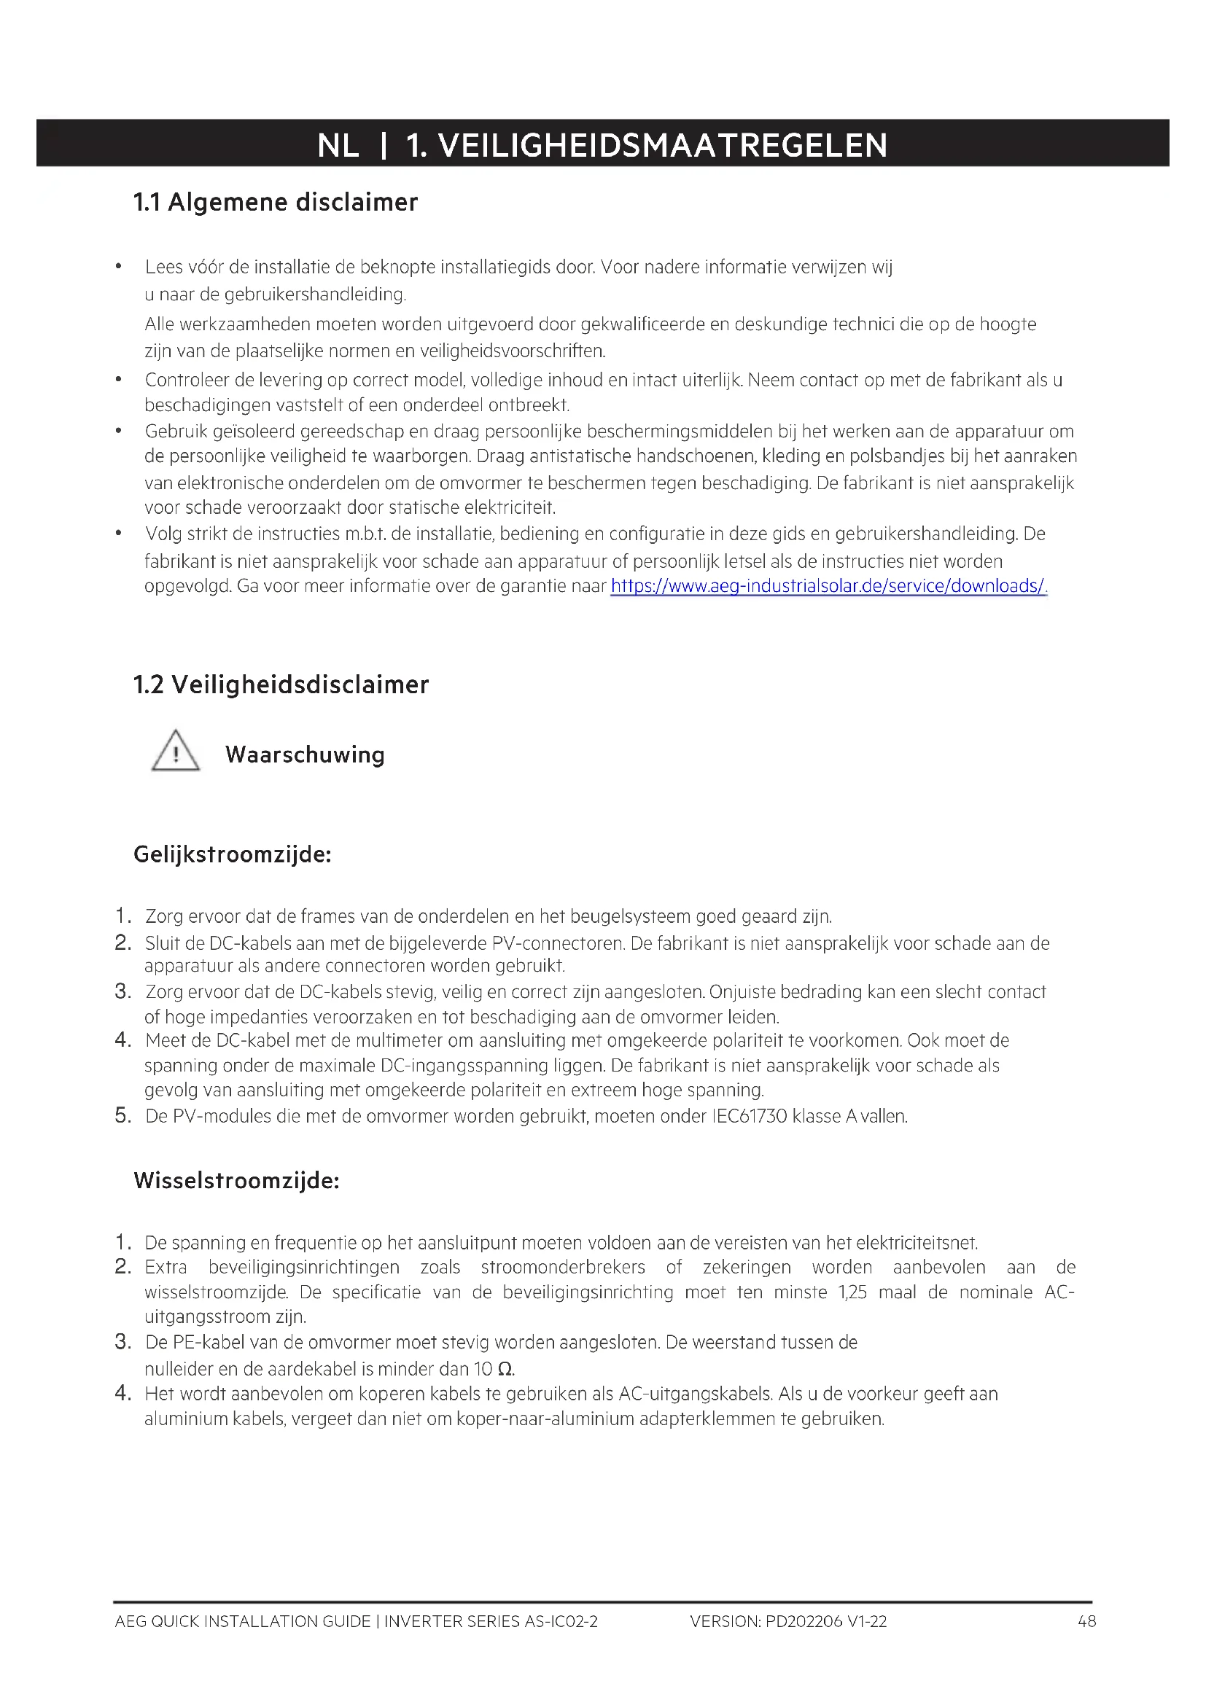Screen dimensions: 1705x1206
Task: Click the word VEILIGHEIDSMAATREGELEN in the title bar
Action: point(662,145)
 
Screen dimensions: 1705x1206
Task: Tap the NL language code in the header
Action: point(338,145)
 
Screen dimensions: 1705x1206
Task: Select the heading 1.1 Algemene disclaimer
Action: point(275,202)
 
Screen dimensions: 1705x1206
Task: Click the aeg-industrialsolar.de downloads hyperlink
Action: point(828,586)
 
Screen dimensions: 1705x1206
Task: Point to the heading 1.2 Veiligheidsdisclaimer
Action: point(281,684)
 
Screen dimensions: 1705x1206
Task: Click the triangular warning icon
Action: point(175,752)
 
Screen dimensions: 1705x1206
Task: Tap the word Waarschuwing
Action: point(305,754)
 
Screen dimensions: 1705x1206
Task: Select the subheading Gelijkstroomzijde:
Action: point(233,854)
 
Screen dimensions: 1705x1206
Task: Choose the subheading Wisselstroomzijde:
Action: point(236,1180)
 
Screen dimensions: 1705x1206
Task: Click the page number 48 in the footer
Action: point(1086,1621)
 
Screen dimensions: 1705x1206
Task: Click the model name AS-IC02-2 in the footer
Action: point(561,1621)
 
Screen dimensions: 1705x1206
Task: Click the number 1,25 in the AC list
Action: point(852,1292)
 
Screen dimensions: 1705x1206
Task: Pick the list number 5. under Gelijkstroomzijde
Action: point(123,1115)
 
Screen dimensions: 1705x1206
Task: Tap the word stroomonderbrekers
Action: point(563,1267)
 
